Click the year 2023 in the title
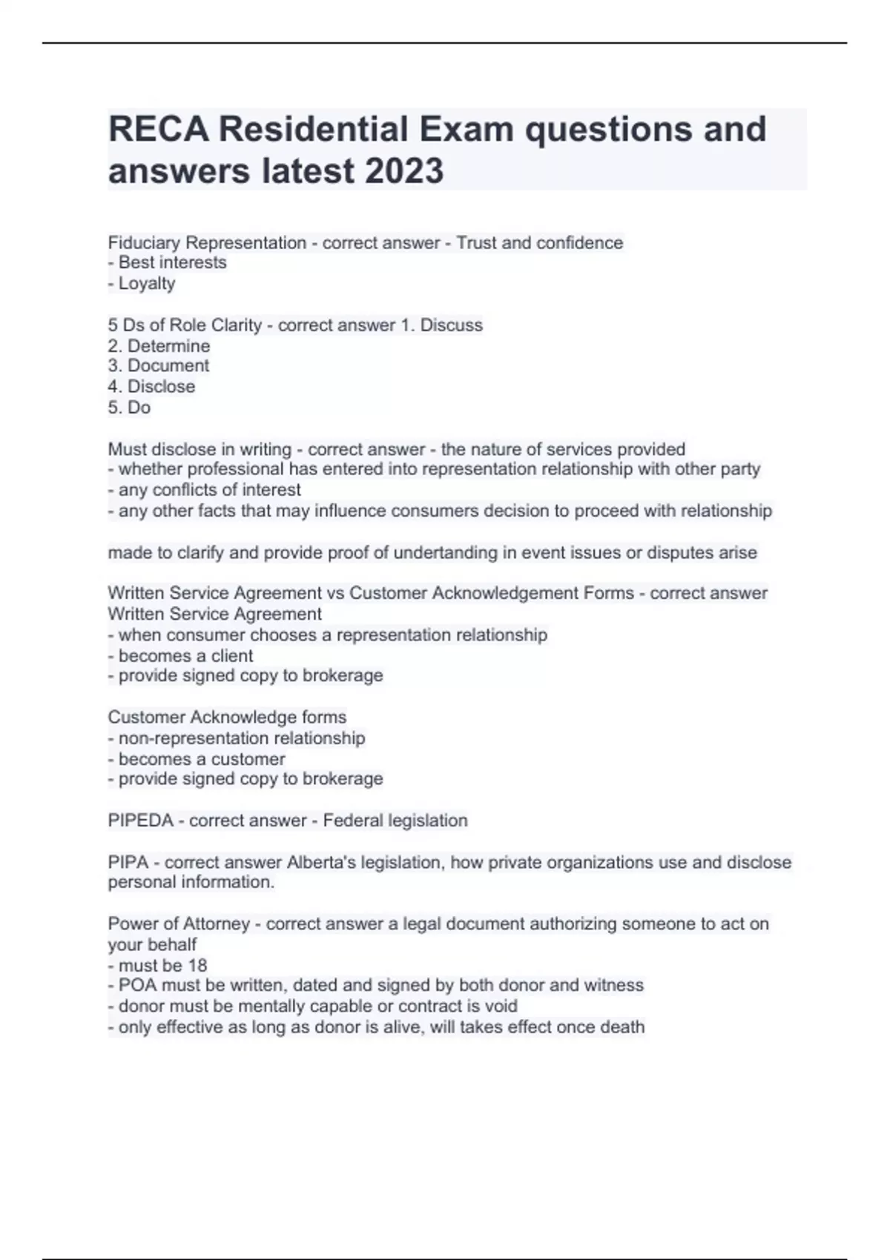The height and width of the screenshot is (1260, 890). (x=403, y=170)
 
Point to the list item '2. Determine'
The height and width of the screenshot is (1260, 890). (x=159, y=345)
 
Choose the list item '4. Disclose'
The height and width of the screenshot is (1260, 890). (x=151, y=386)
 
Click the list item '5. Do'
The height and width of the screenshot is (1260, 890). (x=129, y=407)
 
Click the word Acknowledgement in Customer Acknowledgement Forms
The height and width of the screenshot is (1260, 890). (x=492, y=593)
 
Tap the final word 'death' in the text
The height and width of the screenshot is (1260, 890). (x=622, y=1027)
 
